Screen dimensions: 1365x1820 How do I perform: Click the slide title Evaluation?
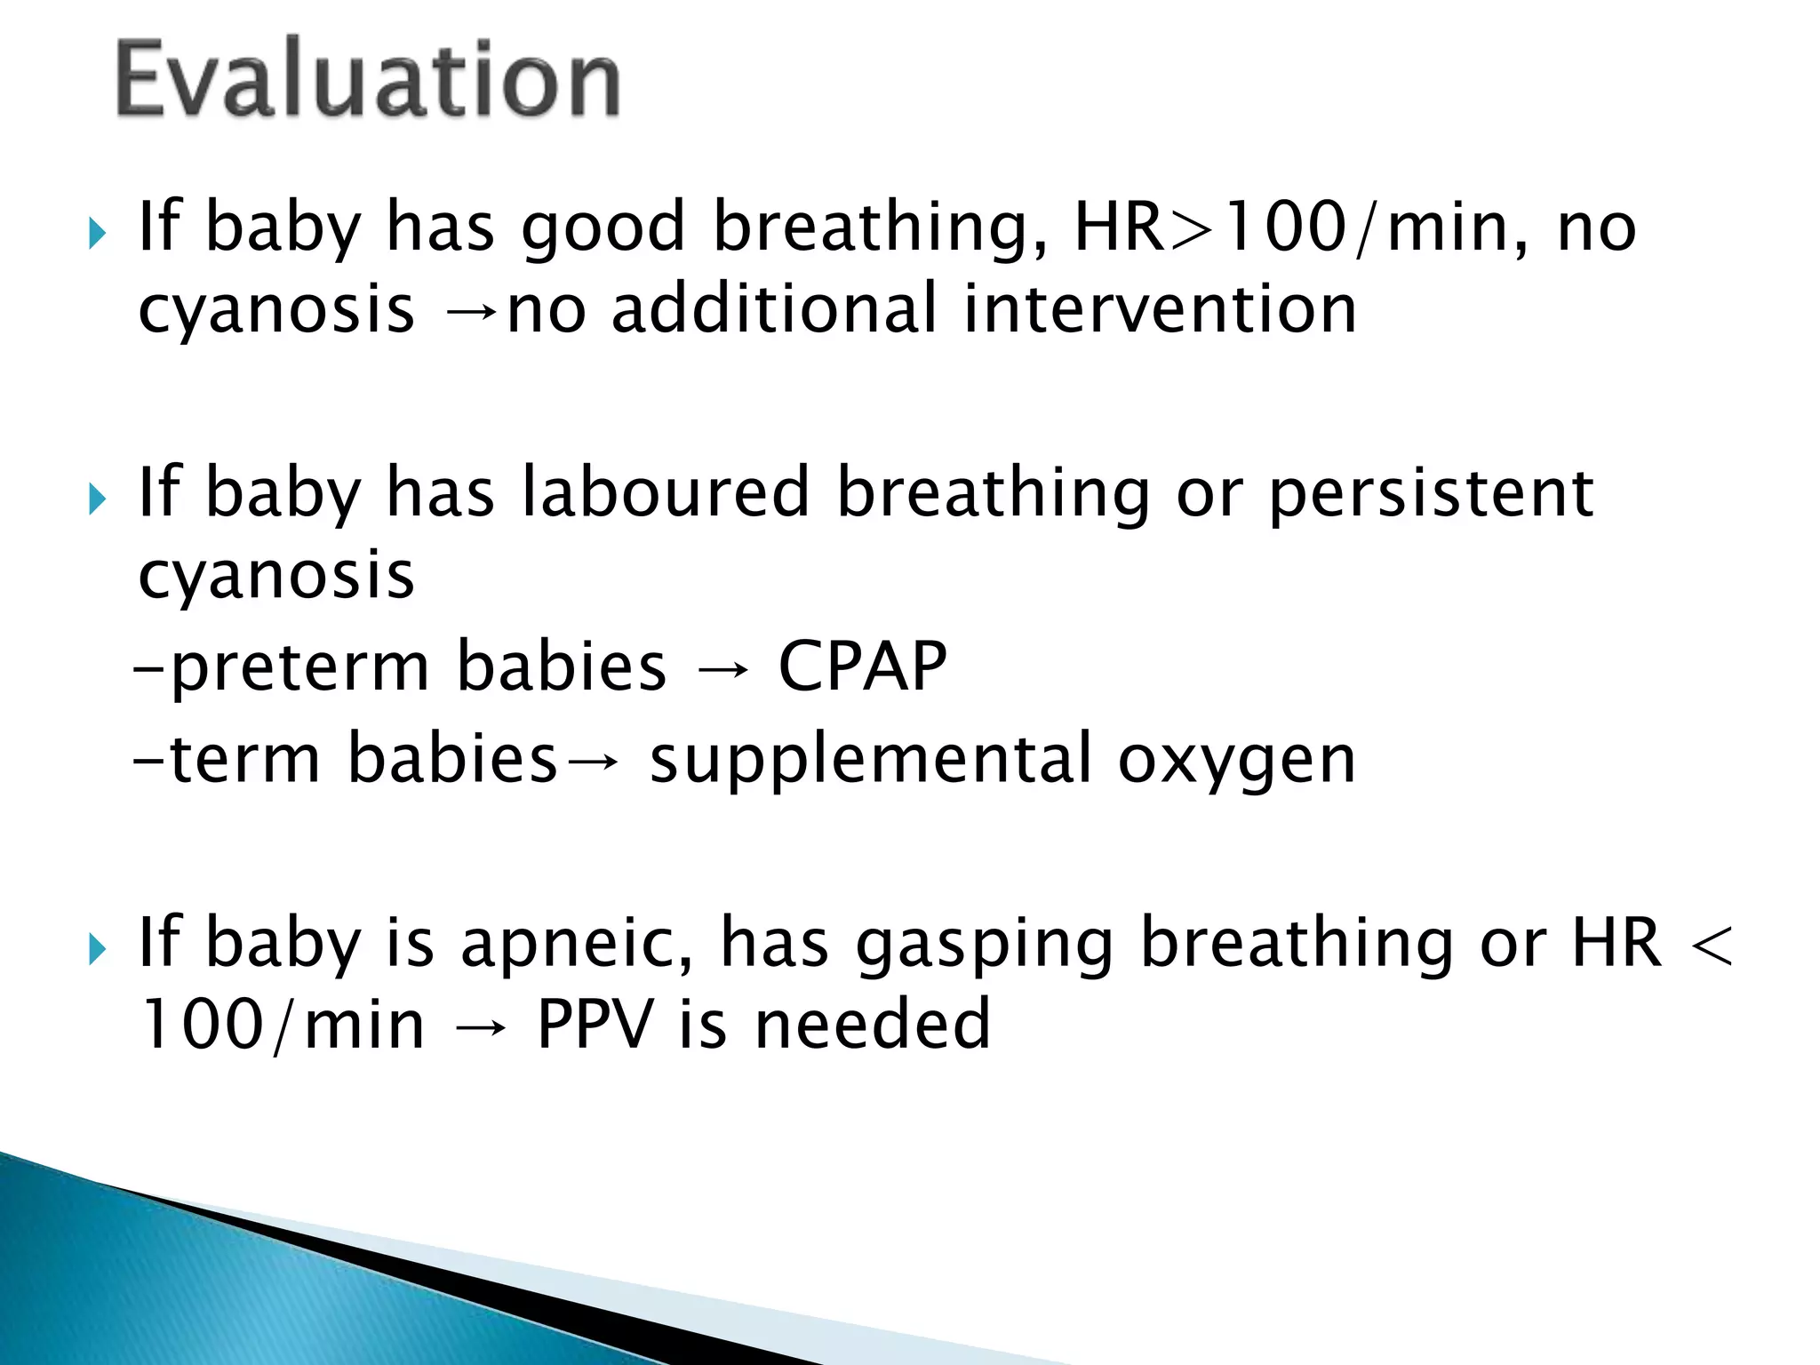pos(367,80)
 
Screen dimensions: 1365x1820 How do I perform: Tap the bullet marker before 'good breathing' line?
pos(98,235)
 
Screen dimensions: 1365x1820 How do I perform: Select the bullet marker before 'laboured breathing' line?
pos(98,500)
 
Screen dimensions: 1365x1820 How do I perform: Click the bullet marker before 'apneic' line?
pos(98,951)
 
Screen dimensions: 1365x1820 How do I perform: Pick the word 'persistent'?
pos(1432,495)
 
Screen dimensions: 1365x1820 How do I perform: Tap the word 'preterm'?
pos(299,668)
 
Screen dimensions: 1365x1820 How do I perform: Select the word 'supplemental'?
pos(870,761)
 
